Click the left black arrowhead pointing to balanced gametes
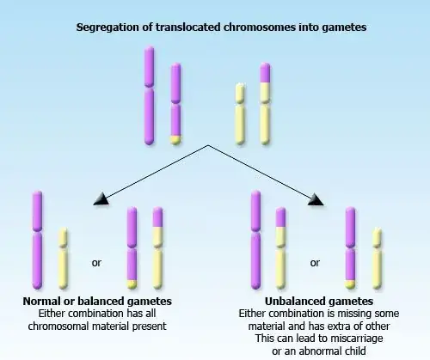101,200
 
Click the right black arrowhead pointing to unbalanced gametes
316,200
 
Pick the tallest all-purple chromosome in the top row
150,95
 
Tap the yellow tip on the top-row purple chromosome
175,138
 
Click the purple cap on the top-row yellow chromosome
264,88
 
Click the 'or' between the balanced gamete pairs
96,261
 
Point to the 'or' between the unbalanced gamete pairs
315,261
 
